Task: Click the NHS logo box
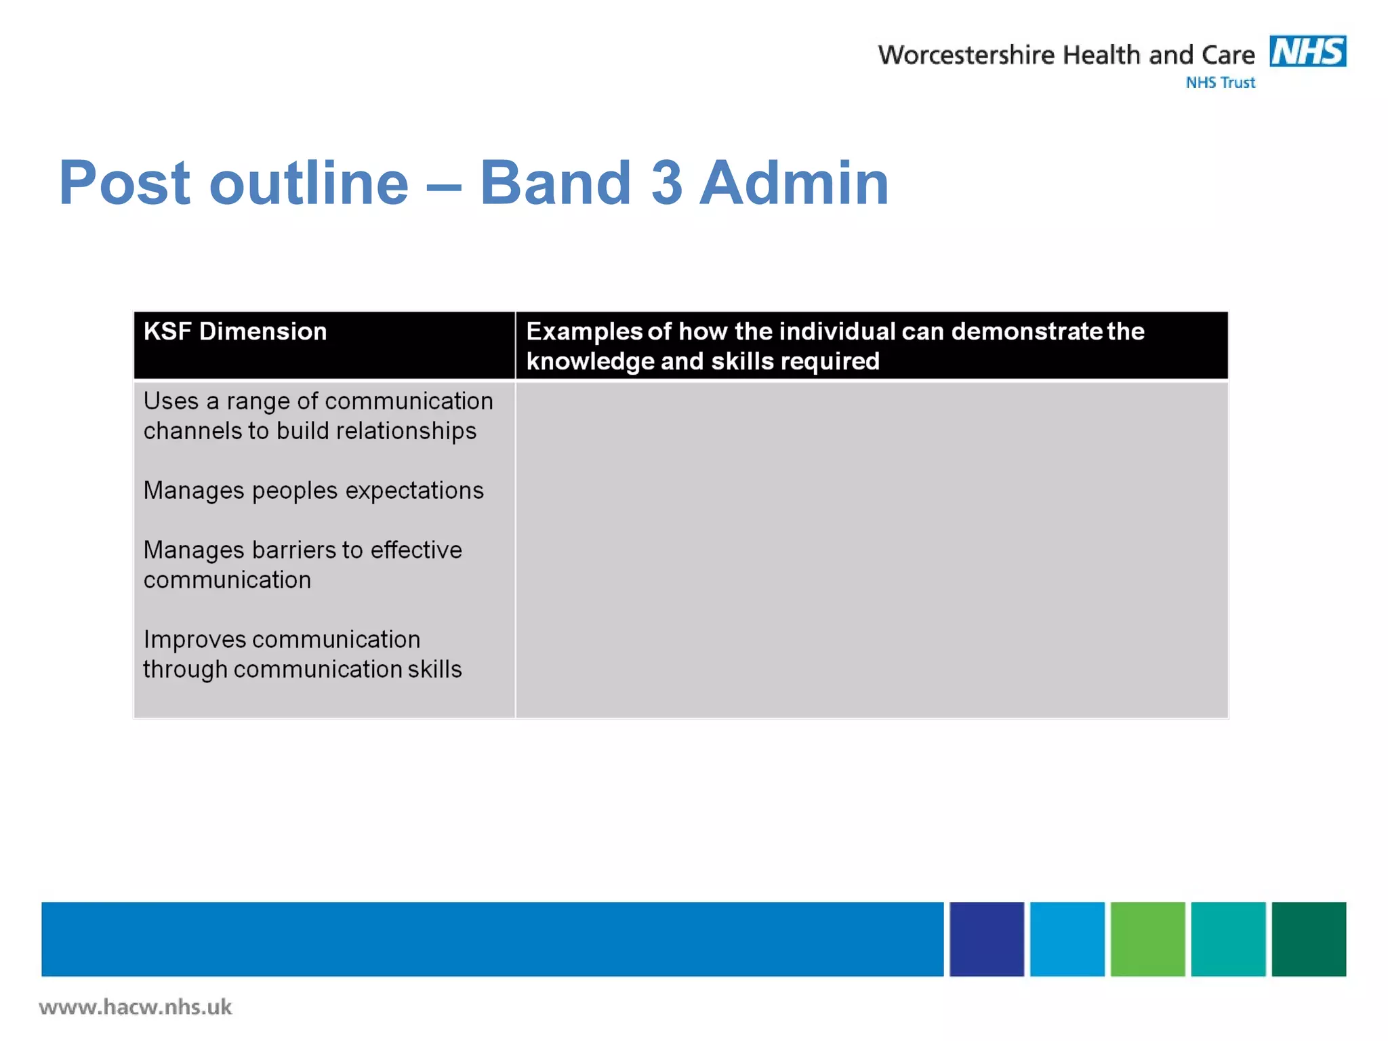click(x=1307, y=52)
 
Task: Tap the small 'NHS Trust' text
click(x=1220, y=83)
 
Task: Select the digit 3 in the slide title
click(x=666, y=182)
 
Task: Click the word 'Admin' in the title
click(x=794, y=182)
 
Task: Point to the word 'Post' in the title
click(x=124, y=182)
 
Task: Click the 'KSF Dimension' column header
click(x=235, y=331)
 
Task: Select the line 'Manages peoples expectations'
click(x=313, y=490)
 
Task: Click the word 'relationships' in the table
click(x=406, y=431)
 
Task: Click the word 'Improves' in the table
click(x=194, y=639)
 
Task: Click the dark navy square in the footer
click(x=986, y=939)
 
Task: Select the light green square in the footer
click(x=1147, y=939)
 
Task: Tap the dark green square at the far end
click(x=1308, y=939)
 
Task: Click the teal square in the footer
click(x=1227, y=939)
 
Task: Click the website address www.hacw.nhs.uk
click(x=136, y=1007)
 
